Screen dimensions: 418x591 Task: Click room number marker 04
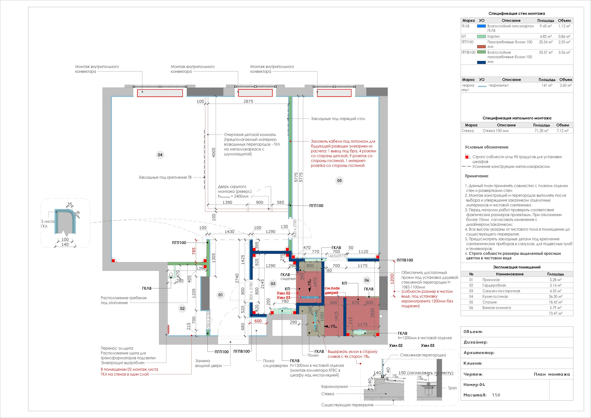160,155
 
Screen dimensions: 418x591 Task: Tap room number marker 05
339,181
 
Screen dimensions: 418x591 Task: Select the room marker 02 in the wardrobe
182,309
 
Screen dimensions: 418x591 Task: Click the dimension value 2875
248,101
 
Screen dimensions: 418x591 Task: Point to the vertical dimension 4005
213,152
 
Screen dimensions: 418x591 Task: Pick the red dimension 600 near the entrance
258,321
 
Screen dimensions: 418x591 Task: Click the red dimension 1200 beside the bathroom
392,279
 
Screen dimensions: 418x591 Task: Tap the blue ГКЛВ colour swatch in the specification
481,26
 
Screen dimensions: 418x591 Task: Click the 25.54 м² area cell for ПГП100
546,42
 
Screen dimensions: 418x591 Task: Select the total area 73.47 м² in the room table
555,313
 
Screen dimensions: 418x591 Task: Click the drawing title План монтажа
552,374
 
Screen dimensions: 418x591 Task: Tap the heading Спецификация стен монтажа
516,13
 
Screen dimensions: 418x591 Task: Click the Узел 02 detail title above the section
396,345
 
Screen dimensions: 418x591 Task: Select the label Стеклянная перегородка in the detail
423,355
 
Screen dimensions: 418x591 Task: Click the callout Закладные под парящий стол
338,119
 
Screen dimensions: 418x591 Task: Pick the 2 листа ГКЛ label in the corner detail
48,224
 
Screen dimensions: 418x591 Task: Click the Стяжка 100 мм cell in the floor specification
495,130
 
